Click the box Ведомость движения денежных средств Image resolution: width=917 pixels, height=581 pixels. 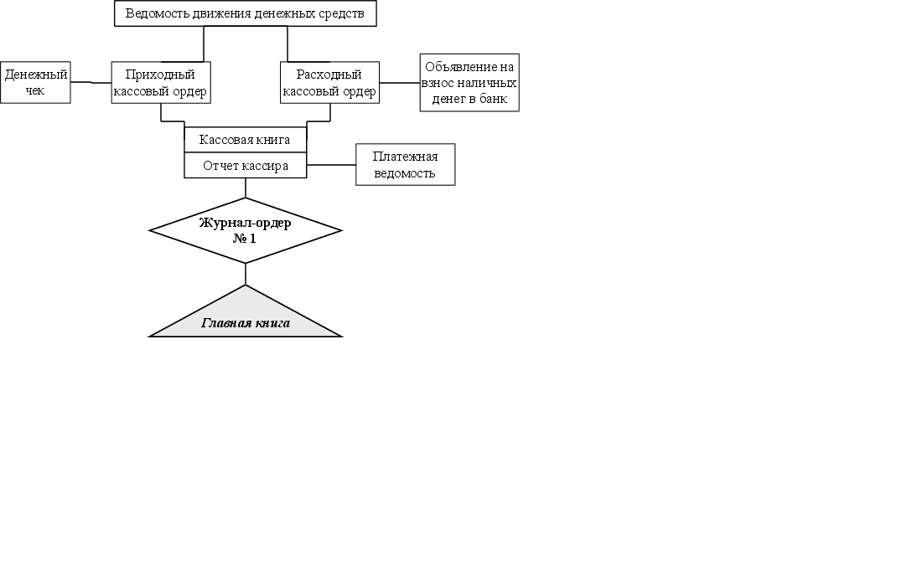(x=245, y=13)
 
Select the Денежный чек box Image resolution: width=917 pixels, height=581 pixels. (x=35, y=82)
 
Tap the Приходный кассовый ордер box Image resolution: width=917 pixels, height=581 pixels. (x=160, y=82)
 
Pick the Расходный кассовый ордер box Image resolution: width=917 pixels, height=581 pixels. (x=329, y=82)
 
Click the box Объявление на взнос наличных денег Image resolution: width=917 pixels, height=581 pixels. (x=469, y=82)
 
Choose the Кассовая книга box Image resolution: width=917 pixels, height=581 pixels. (x=245, y=140)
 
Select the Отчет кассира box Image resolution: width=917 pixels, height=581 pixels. (x=245, y=166)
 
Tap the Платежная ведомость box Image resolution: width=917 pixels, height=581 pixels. (x=405, y=164)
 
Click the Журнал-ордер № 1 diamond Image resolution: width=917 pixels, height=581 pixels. (x=245, y=230)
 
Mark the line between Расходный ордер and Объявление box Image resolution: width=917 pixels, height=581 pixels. (x=399, y=82)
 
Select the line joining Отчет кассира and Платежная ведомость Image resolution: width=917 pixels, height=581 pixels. (x=331, y=165)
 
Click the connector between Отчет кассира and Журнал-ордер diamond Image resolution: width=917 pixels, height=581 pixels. (x=246, y=188)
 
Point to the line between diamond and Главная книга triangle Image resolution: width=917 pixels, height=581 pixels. (x=246, y=274)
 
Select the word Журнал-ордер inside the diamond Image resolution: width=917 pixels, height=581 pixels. (x=245, y=223)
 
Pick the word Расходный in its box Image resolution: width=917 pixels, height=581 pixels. (x=329, y=75)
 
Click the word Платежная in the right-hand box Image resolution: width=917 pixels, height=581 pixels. (x=405, y=157)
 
